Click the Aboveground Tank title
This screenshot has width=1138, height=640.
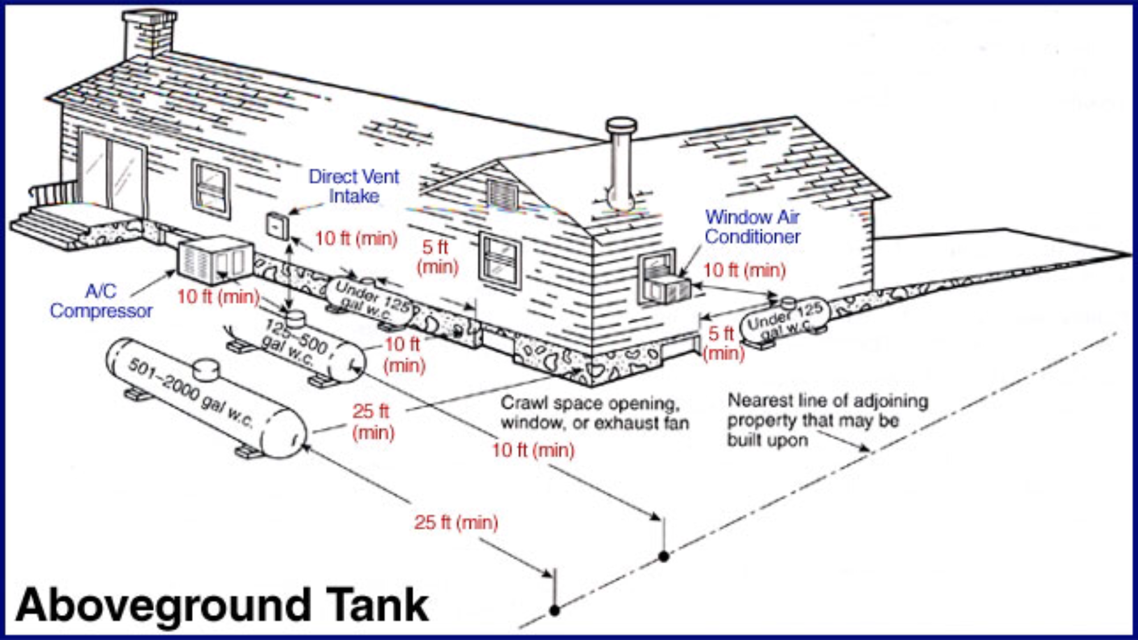[222, 605]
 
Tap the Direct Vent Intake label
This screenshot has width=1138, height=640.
[353, 186]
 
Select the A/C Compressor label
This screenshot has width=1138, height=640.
[101, 301]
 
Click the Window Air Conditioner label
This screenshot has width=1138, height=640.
[752, 227]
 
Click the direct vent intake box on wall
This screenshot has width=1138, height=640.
[277, 226]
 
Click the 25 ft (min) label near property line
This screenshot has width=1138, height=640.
[456, 522]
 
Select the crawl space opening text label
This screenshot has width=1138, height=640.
[594, 413]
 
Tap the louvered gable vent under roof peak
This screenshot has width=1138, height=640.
[502, 194]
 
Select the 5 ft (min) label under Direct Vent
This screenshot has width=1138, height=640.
[437, 257]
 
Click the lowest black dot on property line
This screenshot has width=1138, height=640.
[555, 611]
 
